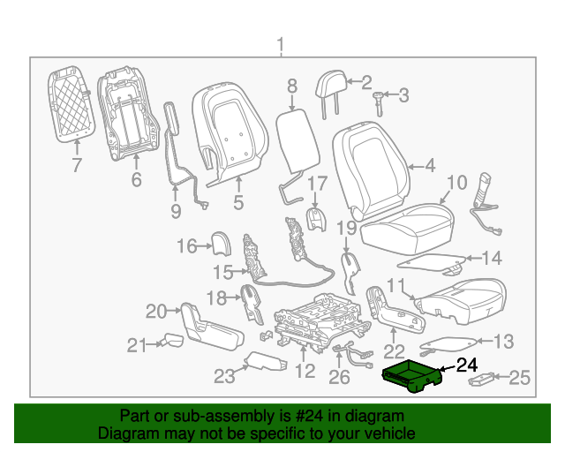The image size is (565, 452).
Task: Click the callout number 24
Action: pos(465,364)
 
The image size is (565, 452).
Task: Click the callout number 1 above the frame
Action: pos(281,45)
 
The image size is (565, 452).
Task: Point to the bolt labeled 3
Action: pos(379,96)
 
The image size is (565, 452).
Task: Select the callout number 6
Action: pos(136,180)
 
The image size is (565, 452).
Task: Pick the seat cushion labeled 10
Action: pos(406,229)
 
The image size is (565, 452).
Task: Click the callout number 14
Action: pos(491,259)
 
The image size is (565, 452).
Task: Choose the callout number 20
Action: pos(156,311)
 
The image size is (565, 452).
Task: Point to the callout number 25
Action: pos(520,379)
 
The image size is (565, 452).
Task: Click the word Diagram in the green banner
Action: pos(125,434)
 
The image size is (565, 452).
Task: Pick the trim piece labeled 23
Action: pos(260,361)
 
